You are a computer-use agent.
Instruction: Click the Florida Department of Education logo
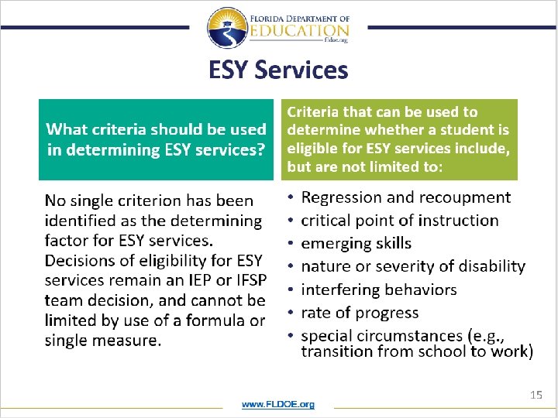pyautogui.click(x=278, y=28)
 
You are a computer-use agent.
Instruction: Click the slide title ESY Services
pyautogui.click(x=278, y=70)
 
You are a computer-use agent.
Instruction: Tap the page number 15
pyautogui.click(x=536, y=395)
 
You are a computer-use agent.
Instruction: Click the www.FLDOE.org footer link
pyautogui.click(x=278, y=404)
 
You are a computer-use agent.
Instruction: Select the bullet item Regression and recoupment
pyautogui.click(x=405, y=197)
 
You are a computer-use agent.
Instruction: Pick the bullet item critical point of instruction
pyautogui.click(x=399, y=221)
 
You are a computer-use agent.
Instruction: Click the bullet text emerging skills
pyautogui.click(x=356, y=243)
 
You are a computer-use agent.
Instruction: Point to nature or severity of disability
pyautogui.click(x=412, y=266)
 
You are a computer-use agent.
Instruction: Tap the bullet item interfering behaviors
pyautogui.click(x=378, y=290)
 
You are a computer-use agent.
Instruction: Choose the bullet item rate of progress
pyautogui.click(x=359, y=313)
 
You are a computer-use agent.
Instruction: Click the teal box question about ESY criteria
pyautogui.click(x=157, y=139)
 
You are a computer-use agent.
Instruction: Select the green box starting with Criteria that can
pyautogui.click(x=398, y=139)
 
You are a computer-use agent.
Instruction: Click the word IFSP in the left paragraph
pyautogui.click(x=241, y=279)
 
